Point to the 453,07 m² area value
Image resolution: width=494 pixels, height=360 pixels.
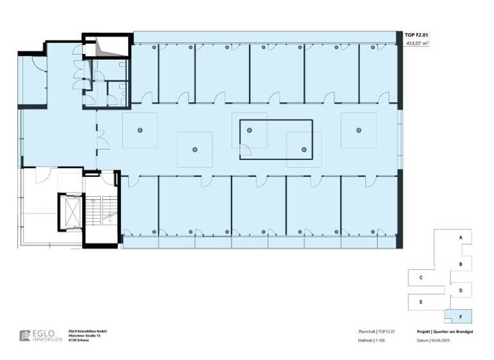click(x=417, y=44)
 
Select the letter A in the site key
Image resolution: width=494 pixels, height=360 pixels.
click(x=461, y=238)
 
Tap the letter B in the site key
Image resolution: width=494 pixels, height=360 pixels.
click(x=461, y=264)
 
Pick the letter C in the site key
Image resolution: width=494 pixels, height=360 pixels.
click(x=420, y=278)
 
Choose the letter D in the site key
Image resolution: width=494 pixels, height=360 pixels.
click(x=461, y=291)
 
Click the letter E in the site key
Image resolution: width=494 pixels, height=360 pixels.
click(x=420, y=301)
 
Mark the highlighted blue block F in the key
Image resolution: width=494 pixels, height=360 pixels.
click(x=461, y=316)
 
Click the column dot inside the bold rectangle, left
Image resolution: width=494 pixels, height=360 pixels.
click(x=249, y=130)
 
